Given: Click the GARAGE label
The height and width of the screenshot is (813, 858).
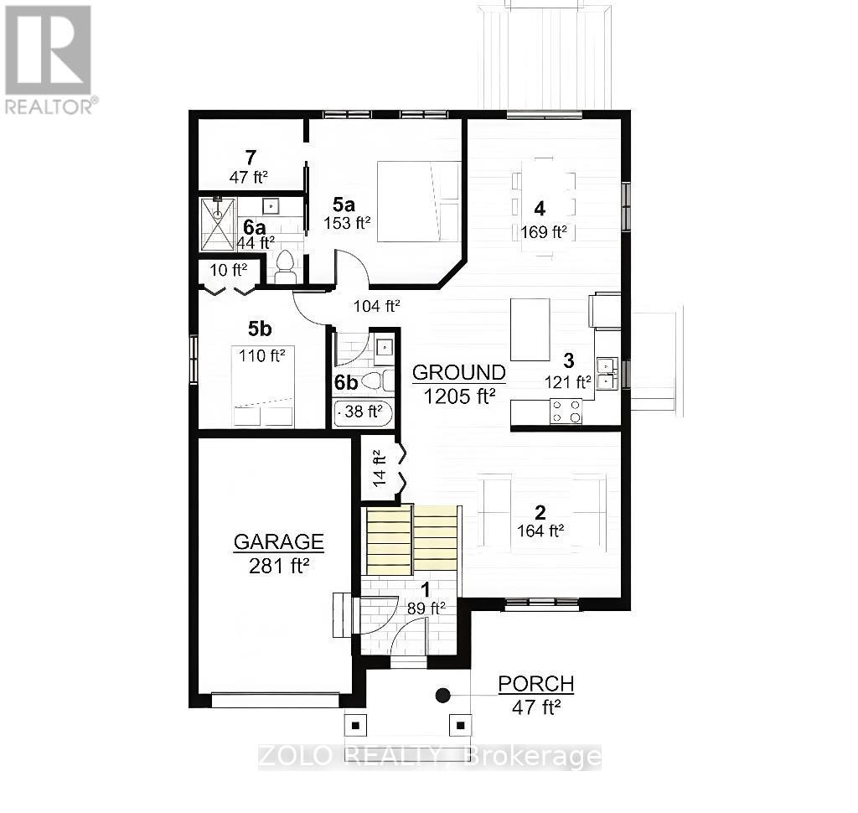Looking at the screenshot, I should click(278, 541).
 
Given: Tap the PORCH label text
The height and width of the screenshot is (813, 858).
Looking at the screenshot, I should click(536, 684).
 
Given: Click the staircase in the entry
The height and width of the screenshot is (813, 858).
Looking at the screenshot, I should click(411, 541).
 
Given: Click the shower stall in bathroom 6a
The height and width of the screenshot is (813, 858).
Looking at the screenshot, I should click(218, 224).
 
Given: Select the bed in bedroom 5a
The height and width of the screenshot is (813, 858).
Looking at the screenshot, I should click(418, 202).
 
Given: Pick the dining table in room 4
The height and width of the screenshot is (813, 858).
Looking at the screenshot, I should click(544, 205).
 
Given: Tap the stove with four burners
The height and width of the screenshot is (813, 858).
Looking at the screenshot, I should click(566, 411).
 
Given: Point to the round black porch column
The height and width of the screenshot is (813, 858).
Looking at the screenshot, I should click(442, 695).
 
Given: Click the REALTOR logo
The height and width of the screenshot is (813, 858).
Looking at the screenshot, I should click(48, 59).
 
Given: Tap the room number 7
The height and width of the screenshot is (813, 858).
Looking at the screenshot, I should click(250, 157).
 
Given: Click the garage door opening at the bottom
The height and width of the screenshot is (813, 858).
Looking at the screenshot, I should click(275, 700).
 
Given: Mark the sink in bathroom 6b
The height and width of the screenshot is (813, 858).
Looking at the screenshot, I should click(384, 345).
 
